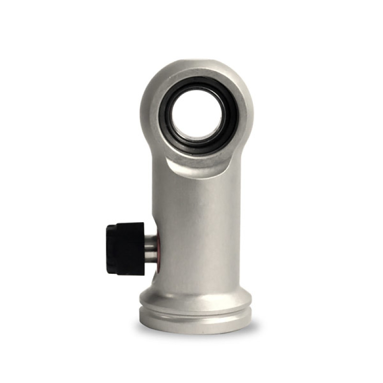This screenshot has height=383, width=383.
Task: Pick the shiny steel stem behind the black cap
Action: (x=150, y=246)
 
